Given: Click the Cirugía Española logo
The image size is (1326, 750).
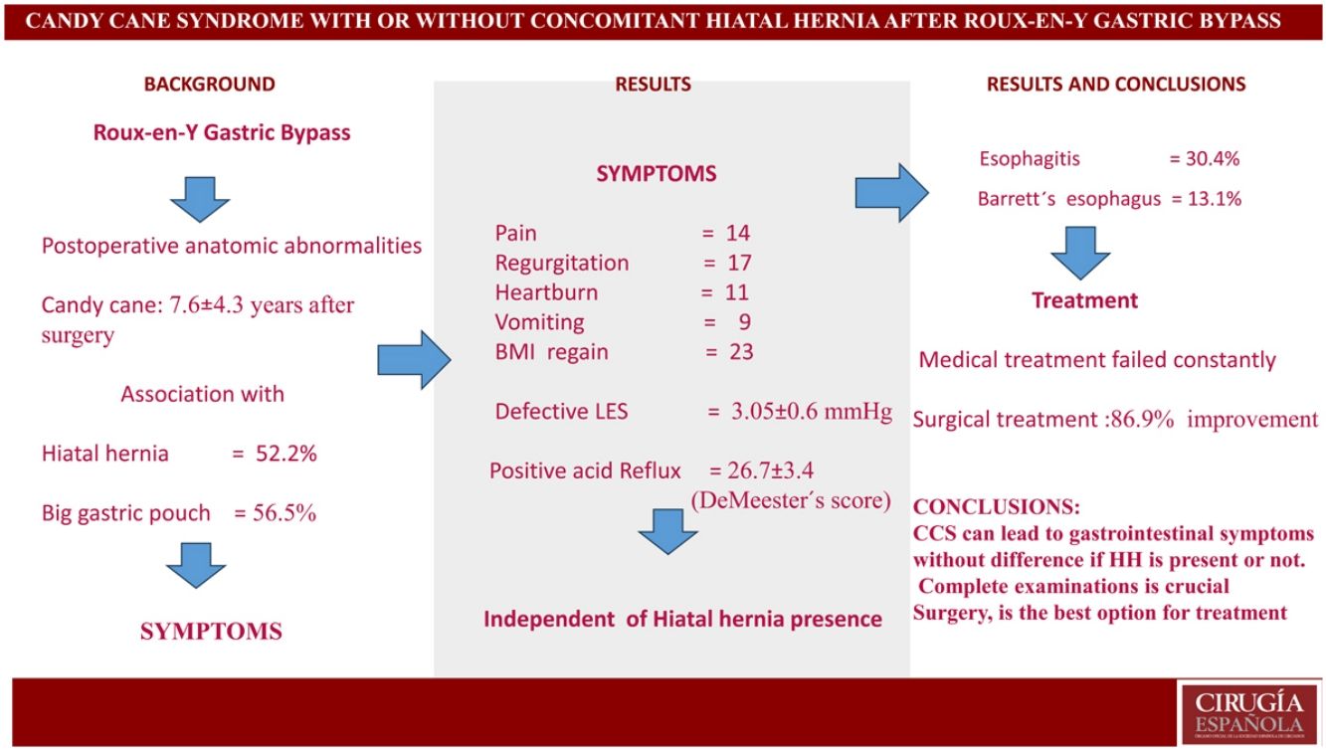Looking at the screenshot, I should pyautogui.click(x=1248, y=712).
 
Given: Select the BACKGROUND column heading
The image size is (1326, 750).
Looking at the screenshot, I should pyautogui.click(x=209, y=85).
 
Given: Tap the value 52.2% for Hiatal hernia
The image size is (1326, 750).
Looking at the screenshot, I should pyautogui.click(x=287, y=455).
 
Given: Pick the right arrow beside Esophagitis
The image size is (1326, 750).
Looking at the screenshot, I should pyautogui.click(x=891, y=191).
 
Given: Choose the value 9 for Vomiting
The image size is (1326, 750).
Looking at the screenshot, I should pyautogui.click(x=743, y=322).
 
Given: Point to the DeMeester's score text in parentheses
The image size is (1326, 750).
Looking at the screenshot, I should pyautogui.click(x=791, y=500).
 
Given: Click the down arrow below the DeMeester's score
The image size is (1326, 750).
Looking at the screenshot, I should pyautogui.click(x=667, y=532).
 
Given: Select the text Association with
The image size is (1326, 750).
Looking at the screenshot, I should pyautogui.click(x=202, y=394).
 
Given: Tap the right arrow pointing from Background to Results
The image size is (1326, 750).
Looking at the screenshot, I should pyautogui.click(x=414, y=359).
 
